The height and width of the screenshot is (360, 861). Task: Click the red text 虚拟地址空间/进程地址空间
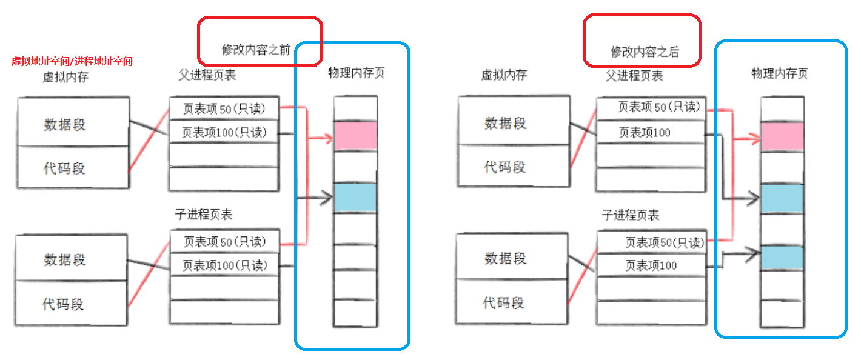pos(72,61)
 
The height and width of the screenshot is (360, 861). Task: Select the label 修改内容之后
pos(645,52)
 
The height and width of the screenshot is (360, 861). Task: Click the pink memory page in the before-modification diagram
pos(355,136)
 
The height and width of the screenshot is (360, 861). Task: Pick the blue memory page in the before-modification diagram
pos(355,198)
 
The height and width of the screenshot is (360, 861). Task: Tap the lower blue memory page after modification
pos(782,257)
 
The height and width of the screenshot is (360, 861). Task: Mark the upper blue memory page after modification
pos(782,198)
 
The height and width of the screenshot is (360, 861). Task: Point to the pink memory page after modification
pos(782,136)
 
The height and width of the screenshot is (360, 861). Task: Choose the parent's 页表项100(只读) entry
pos(224,133)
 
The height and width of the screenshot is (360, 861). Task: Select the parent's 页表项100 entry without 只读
pos(644,132)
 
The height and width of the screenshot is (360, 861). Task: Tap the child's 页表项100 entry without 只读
pos(651,265)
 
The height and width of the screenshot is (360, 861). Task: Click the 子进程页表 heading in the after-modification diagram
pos(631,215)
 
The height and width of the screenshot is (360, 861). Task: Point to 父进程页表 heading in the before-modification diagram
pos(207,75)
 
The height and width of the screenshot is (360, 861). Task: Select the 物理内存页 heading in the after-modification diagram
pos(780,74)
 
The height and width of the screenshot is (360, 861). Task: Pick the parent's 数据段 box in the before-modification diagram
pos(65,124)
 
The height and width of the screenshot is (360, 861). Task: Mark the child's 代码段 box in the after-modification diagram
pos(504,302)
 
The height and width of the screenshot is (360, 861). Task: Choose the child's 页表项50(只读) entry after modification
pos(665,242)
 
